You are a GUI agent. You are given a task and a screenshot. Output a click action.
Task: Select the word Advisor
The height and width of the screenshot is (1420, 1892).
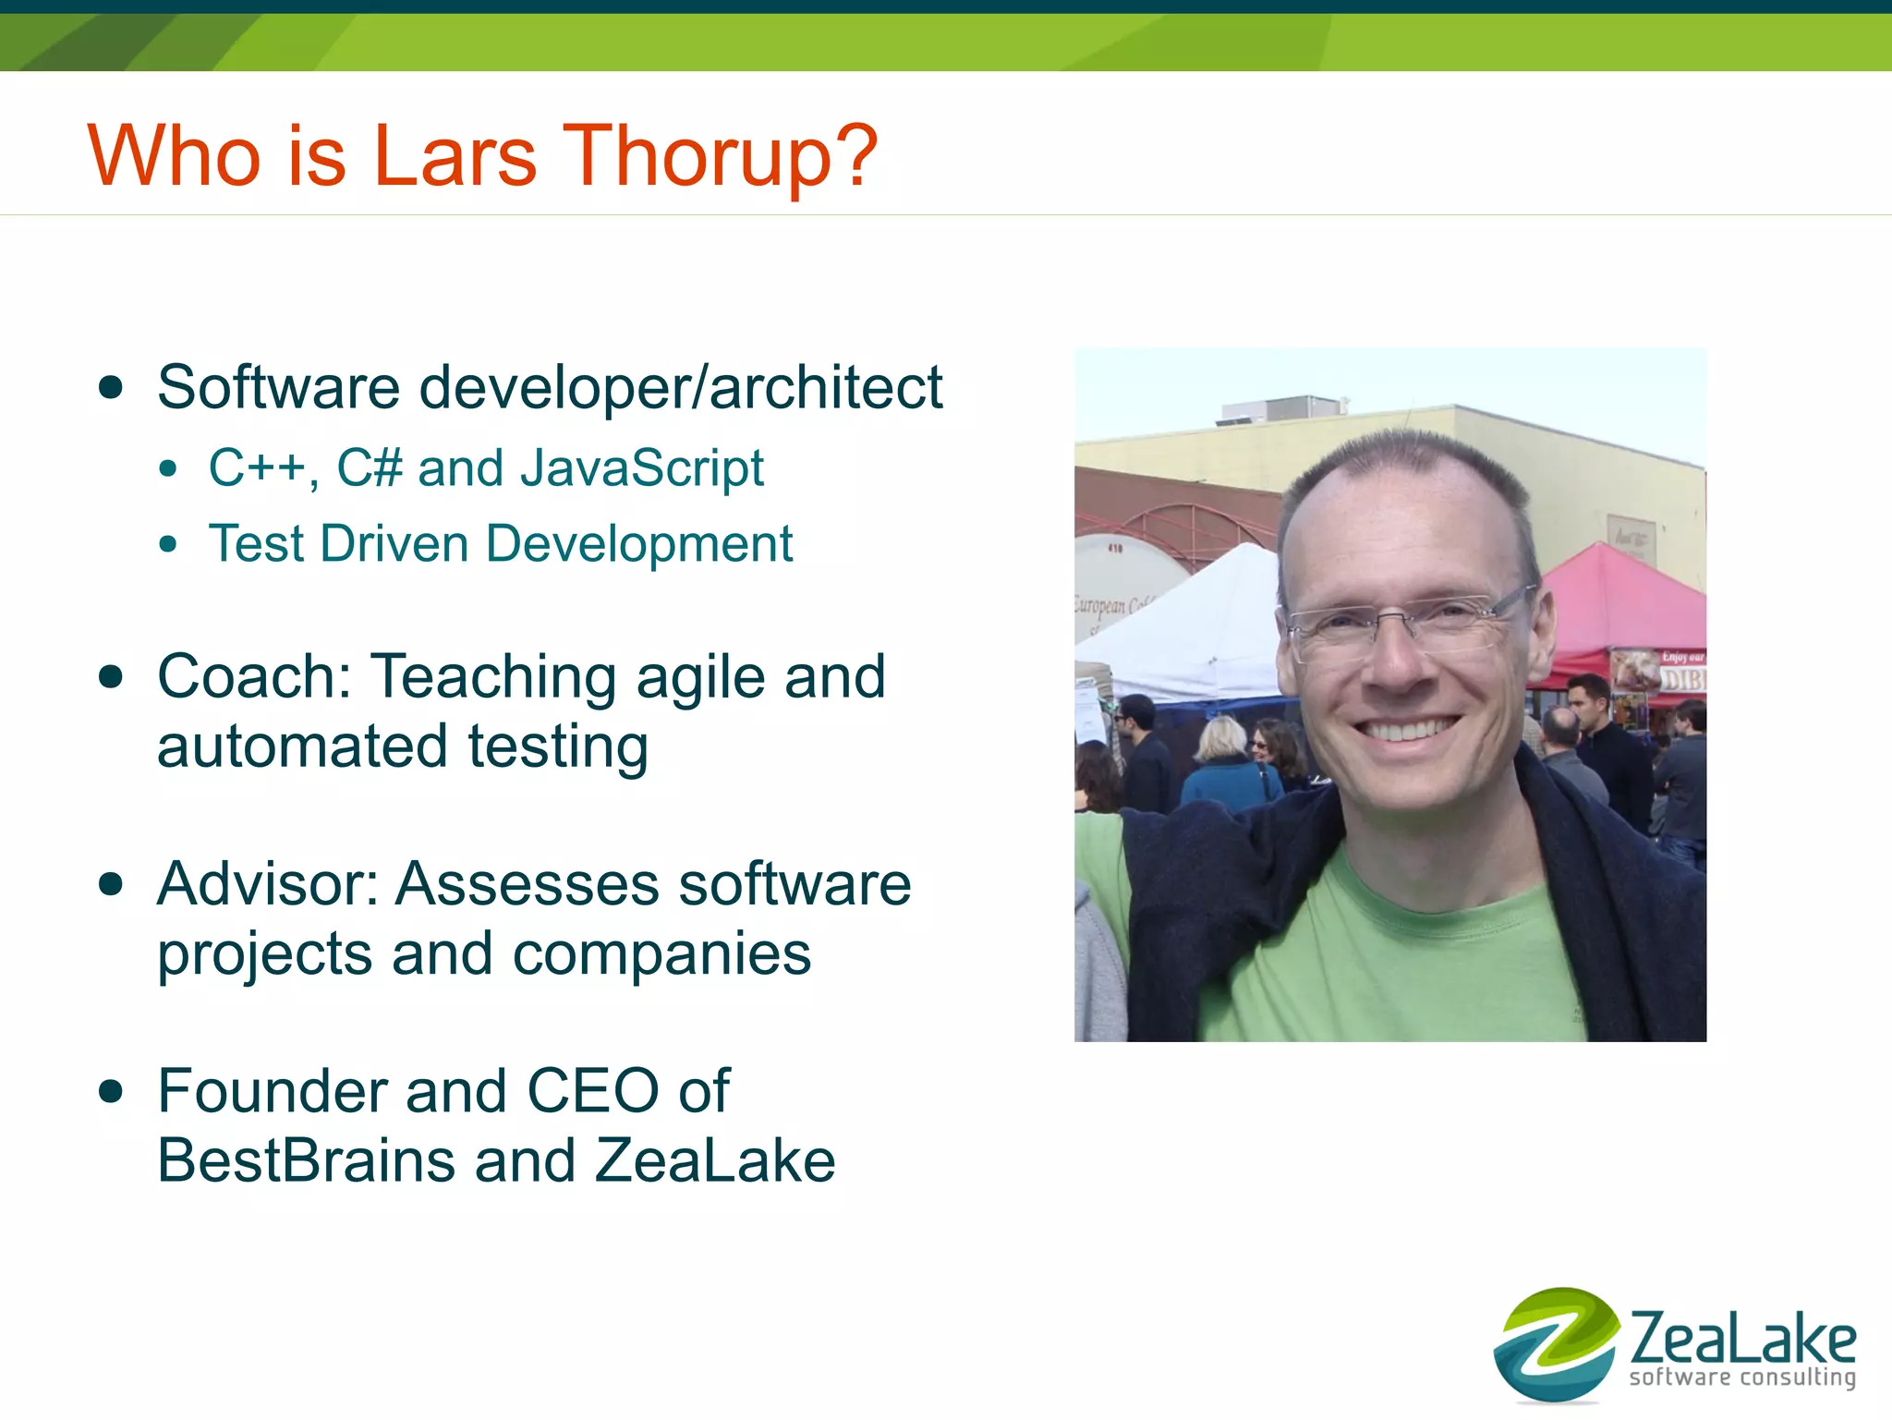click(x=268, y=884)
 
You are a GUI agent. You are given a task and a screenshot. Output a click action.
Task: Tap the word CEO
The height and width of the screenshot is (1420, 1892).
click(x=592, y=1091)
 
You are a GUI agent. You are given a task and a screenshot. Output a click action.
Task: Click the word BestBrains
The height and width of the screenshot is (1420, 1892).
click(x=306, y=1160)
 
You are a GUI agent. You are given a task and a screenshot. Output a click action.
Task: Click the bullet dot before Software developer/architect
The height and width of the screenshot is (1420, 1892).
click(x=111, y=387)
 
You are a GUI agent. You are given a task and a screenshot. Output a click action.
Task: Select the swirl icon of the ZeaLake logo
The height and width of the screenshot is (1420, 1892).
click(x=1556, y=1343)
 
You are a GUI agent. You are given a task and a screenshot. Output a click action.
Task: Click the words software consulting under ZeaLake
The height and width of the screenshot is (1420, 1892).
click(x=1742, y=1378)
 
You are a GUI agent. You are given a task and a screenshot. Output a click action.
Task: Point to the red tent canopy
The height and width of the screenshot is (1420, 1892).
click(x=1626, y=601)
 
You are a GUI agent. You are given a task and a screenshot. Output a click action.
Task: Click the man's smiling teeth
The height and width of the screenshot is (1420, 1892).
click(x=1406, y=730)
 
